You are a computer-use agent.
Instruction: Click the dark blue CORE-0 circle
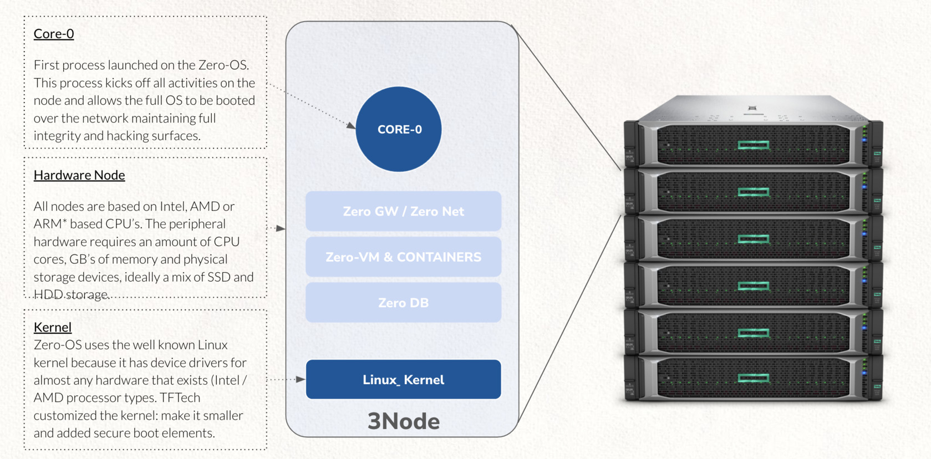pyautogui.click(x=399, y=129)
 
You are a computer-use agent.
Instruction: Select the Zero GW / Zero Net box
pyautogui.click(x=403, y=211)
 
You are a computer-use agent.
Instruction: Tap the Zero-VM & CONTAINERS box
pyautogui.click(x=403, y=257)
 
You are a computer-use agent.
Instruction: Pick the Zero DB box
pyautogui.click(x=403, y=303)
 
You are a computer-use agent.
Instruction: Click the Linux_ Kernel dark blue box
pyautogui.click(x=403, y=380)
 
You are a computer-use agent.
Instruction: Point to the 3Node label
pyautogui.click(x=403, y=421)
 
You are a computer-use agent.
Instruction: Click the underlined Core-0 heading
pyautogui.click(x=54, y=34)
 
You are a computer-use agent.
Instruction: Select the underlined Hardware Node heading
pyautogui.click(x=79, y=175)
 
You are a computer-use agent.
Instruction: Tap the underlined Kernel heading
pyautogui.click(x=53, y=327)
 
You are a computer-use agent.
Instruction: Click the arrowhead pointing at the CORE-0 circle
pyautogui.click(x=351, y=126)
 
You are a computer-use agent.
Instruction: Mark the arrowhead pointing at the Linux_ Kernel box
pyautogui.click(x=301, y=380)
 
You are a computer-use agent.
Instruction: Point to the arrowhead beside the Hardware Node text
pyautogui.click(x=281, y=228)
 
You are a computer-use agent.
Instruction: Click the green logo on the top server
pyautogui.click(x=754, y=145)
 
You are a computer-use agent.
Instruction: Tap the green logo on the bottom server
pyautogui.click(x=754, y=378)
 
